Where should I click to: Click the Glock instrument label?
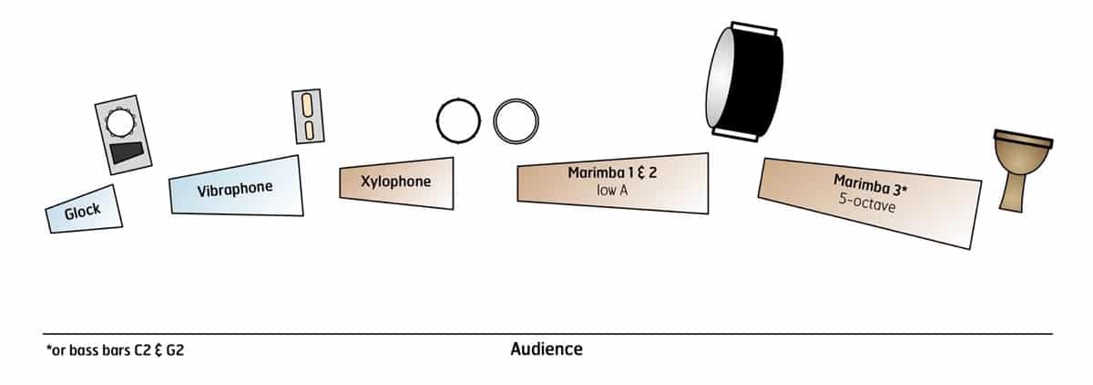pyautogui.click(x=82, y=212)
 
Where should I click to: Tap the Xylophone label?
pyautogui.click(x=396, y=181)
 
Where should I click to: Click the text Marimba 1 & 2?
pyautogui.click(x=611, y=172)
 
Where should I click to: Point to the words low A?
pyautogui.click(x=611, y=190)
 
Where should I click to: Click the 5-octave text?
pyautogui.click(x=868, y=207)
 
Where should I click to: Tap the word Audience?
pyautogui.click(x=546, y=349)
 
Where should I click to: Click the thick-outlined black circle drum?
pyautogui.click(x=458, y=120)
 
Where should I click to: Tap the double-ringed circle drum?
pyautogui.click(x=516, y=120)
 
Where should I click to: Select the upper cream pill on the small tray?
pyautogui.click(x=308, y=102)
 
